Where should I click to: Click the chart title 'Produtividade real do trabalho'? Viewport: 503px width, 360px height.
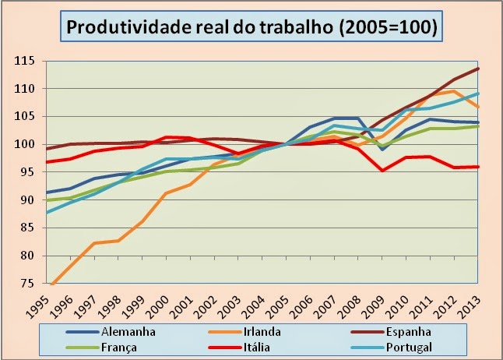252,27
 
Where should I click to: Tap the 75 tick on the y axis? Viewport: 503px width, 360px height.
30,284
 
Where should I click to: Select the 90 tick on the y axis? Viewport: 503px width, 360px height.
30,200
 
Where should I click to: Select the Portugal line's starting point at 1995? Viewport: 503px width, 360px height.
47,212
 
